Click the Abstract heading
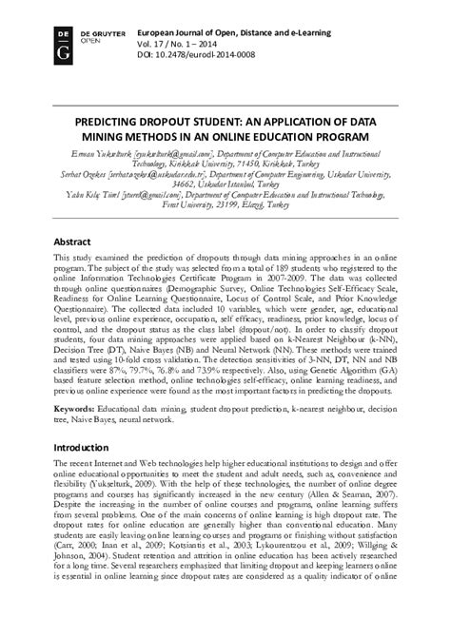tap(73, 242)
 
